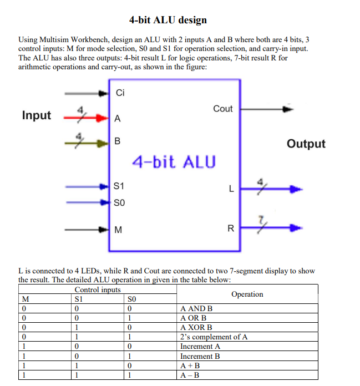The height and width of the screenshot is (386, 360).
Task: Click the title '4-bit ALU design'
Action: [168, 20]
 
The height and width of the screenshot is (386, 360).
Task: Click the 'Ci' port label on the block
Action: [120, 93]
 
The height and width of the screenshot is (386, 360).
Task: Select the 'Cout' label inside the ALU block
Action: [222, 109]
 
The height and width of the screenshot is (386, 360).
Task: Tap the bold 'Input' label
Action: [37, 115]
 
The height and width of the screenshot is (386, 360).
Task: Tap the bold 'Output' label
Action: [306, 144]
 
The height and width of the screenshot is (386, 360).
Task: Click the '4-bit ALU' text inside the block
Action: [174, 162]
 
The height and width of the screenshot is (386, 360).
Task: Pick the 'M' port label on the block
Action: [118, 229]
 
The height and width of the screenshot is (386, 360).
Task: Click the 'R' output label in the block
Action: [231, 228]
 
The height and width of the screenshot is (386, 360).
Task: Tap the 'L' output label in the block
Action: [230, 190]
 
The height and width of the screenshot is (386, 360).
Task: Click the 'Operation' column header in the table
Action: [247, 294]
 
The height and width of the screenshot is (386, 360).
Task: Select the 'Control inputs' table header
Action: [97, 289]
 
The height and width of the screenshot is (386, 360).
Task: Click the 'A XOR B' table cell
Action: [196, 327]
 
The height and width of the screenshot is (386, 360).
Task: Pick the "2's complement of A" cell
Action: [214, 337]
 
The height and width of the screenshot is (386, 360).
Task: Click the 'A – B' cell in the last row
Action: [190, 375]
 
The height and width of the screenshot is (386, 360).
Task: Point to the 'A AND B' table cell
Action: [196, 308]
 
